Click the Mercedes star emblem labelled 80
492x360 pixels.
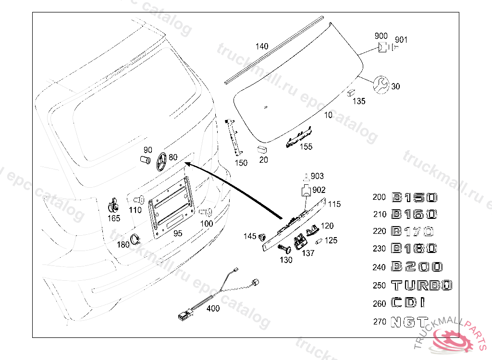pos(160,162)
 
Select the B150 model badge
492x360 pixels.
pos(415,197)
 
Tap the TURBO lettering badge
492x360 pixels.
pos(422,286)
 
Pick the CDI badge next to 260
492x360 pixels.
pos(408,303)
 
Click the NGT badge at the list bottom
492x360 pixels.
pos(409,321)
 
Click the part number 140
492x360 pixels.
pos(262,47)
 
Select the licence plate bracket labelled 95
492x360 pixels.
pos(171,205)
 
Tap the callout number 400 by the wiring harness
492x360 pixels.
pos(213,309)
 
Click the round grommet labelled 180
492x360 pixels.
pos(135,239)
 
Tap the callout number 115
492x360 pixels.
pos(334,204)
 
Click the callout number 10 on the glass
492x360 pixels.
pos(328,115)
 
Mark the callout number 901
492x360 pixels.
pos(401,40)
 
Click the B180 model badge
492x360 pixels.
pos(414,249)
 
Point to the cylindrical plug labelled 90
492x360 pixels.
pos(144,159)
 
